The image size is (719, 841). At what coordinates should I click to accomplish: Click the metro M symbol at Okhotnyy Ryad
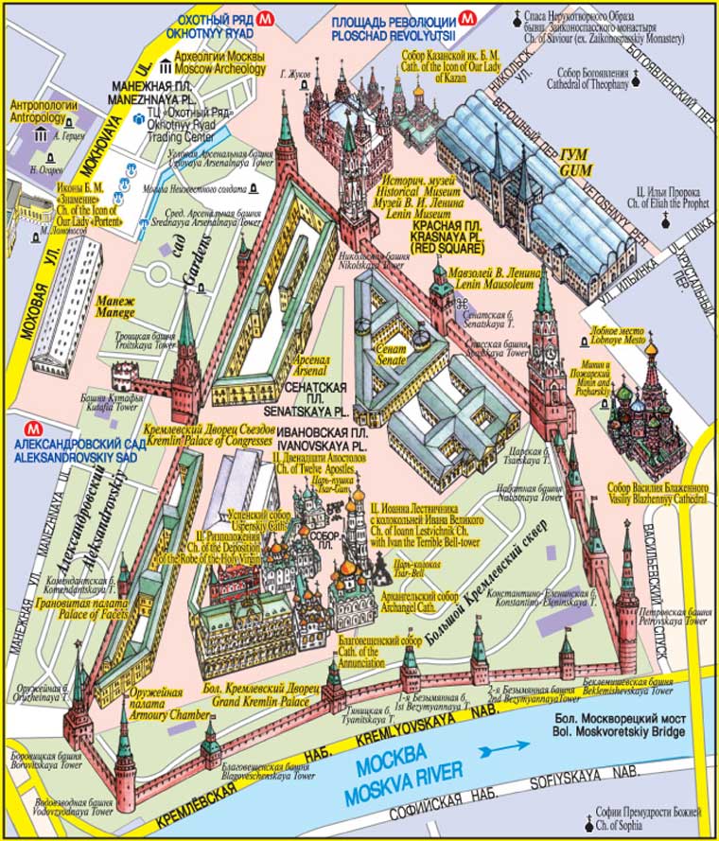click(270, 16)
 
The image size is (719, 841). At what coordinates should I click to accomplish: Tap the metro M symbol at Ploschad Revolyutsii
click(466, 16)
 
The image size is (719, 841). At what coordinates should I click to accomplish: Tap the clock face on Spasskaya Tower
click(546, 350)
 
